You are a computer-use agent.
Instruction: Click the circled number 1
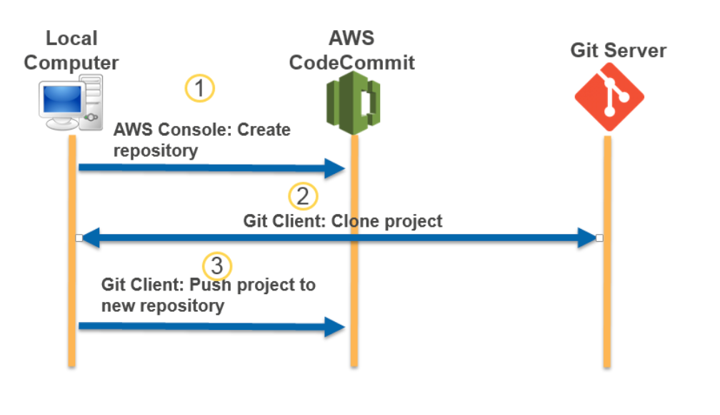[x=200, y=89]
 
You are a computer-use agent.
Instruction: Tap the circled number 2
[x=303, y=196]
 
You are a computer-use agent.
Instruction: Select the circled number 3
[x=218, y=266]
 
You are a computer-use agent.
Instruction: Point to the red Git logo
[x=609, y=97]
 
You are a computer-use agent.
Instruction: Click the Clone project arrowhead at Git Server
[x=587, y=238]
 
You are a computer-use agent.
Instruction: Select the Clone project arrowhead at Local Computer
[x=90, y=238]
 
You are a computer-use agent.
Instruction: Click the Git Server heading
[x=618, y=51]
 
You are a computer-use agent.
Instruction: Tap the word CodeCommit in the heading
[x=351, y=62]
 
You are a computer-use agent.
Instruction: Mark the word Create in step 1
[x=264, y=130]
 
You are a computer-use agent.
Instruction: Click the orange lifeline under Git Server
[x=607, y=301]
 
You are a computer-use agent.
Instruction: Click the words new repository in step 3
[x=163, y=306]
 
